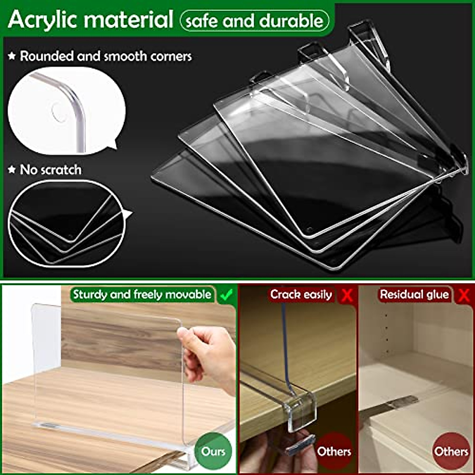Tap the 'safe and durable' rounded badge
pos(254,21)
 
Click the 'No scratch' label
pos(51,170)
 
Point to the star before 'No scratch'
pos(12,170)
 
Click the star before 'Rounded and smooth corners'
pos(12,56)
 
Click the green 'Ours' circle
pos(213,451)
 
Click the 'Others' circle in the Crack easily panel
pos(334,451)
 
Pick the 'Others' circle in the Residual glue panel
pos(451,451)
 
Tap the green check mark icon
pos(226,295)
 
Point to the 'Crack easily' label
pos(301,295)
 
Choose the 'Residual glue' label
pos(414,295)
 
